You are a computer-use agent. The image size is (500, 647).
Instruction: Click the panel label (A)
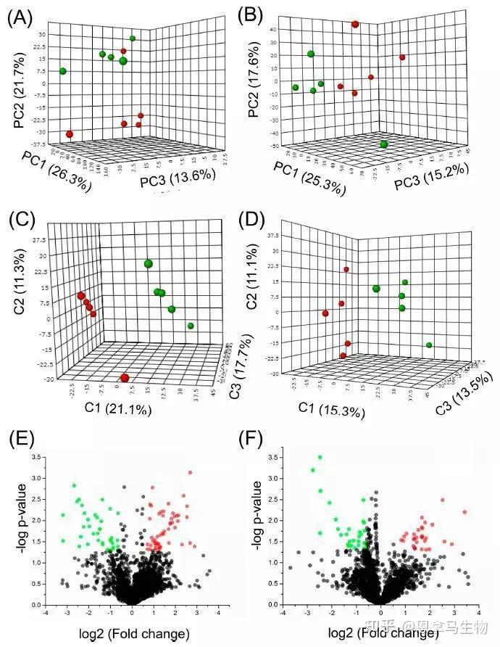tap(20, 17)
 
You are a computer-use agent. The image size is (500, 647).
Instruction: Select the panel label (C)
tap(20, 222)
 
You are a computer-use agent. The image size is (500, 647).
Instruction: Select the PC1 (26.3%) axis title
tap(57, 171)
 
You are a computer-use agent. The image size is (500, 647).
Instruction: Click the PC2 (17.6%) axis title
tap(254, 85)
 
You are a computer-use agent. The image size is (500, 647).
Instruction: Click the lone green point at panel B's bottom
tap(383, 144)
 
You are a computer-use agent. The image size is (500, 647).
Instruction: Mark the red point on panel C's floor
tap(125, 377)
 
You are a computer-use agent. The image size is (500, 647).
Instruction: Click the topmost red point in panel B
tap(355, 25)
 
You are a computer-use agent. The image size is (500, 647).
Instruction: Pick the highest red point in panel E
tap(191, 472)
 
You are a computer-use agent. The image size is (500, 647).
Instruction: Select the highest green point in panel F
tap(320, 458)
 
